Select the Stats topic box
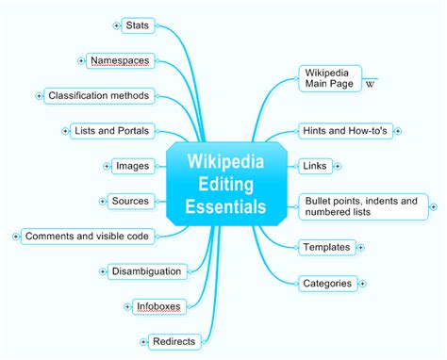tap(138, 25)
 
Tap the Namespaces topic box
tap(120, 60)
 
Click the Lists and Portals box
tap(111, 131)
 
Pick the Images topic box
tap(132, 166)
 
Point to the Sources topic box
tap(130, 201)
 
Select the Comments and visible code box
tap(90, 236)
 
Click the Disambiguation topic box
tap(146, 271)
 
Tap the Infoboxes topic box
tap(157, 305)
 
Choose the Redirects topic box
tap(170, 340)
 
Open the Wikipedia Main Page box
tap(328, 78)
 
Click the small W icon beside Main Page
tap(370, 85)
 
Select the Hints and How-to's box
tap(344, 130)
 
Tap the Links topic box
tap(315, 166)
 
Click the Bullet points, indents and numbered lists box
tap(360, 206)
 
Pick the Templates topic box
tap(326, 247)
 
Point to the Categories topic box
tap(327, 283)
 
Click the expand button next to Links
tap(338, 166)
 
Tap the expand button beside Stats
tap(116, 25)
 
